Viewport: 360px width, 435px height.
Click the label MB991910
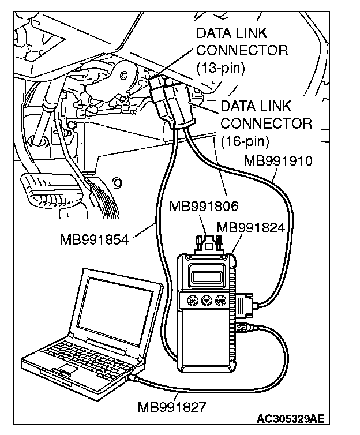coord(278,161)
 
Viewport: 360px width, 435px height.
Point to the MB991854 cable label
coord(94,238)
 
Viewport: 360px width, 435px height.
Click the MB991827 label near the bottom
coord(172,407)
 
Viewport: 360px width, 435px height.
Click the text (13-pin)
coord(221,67)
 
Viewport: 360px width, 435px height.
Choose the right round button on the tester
coord(220,301)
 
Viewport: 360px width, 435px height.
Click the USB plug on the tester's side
coord(243,330)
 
